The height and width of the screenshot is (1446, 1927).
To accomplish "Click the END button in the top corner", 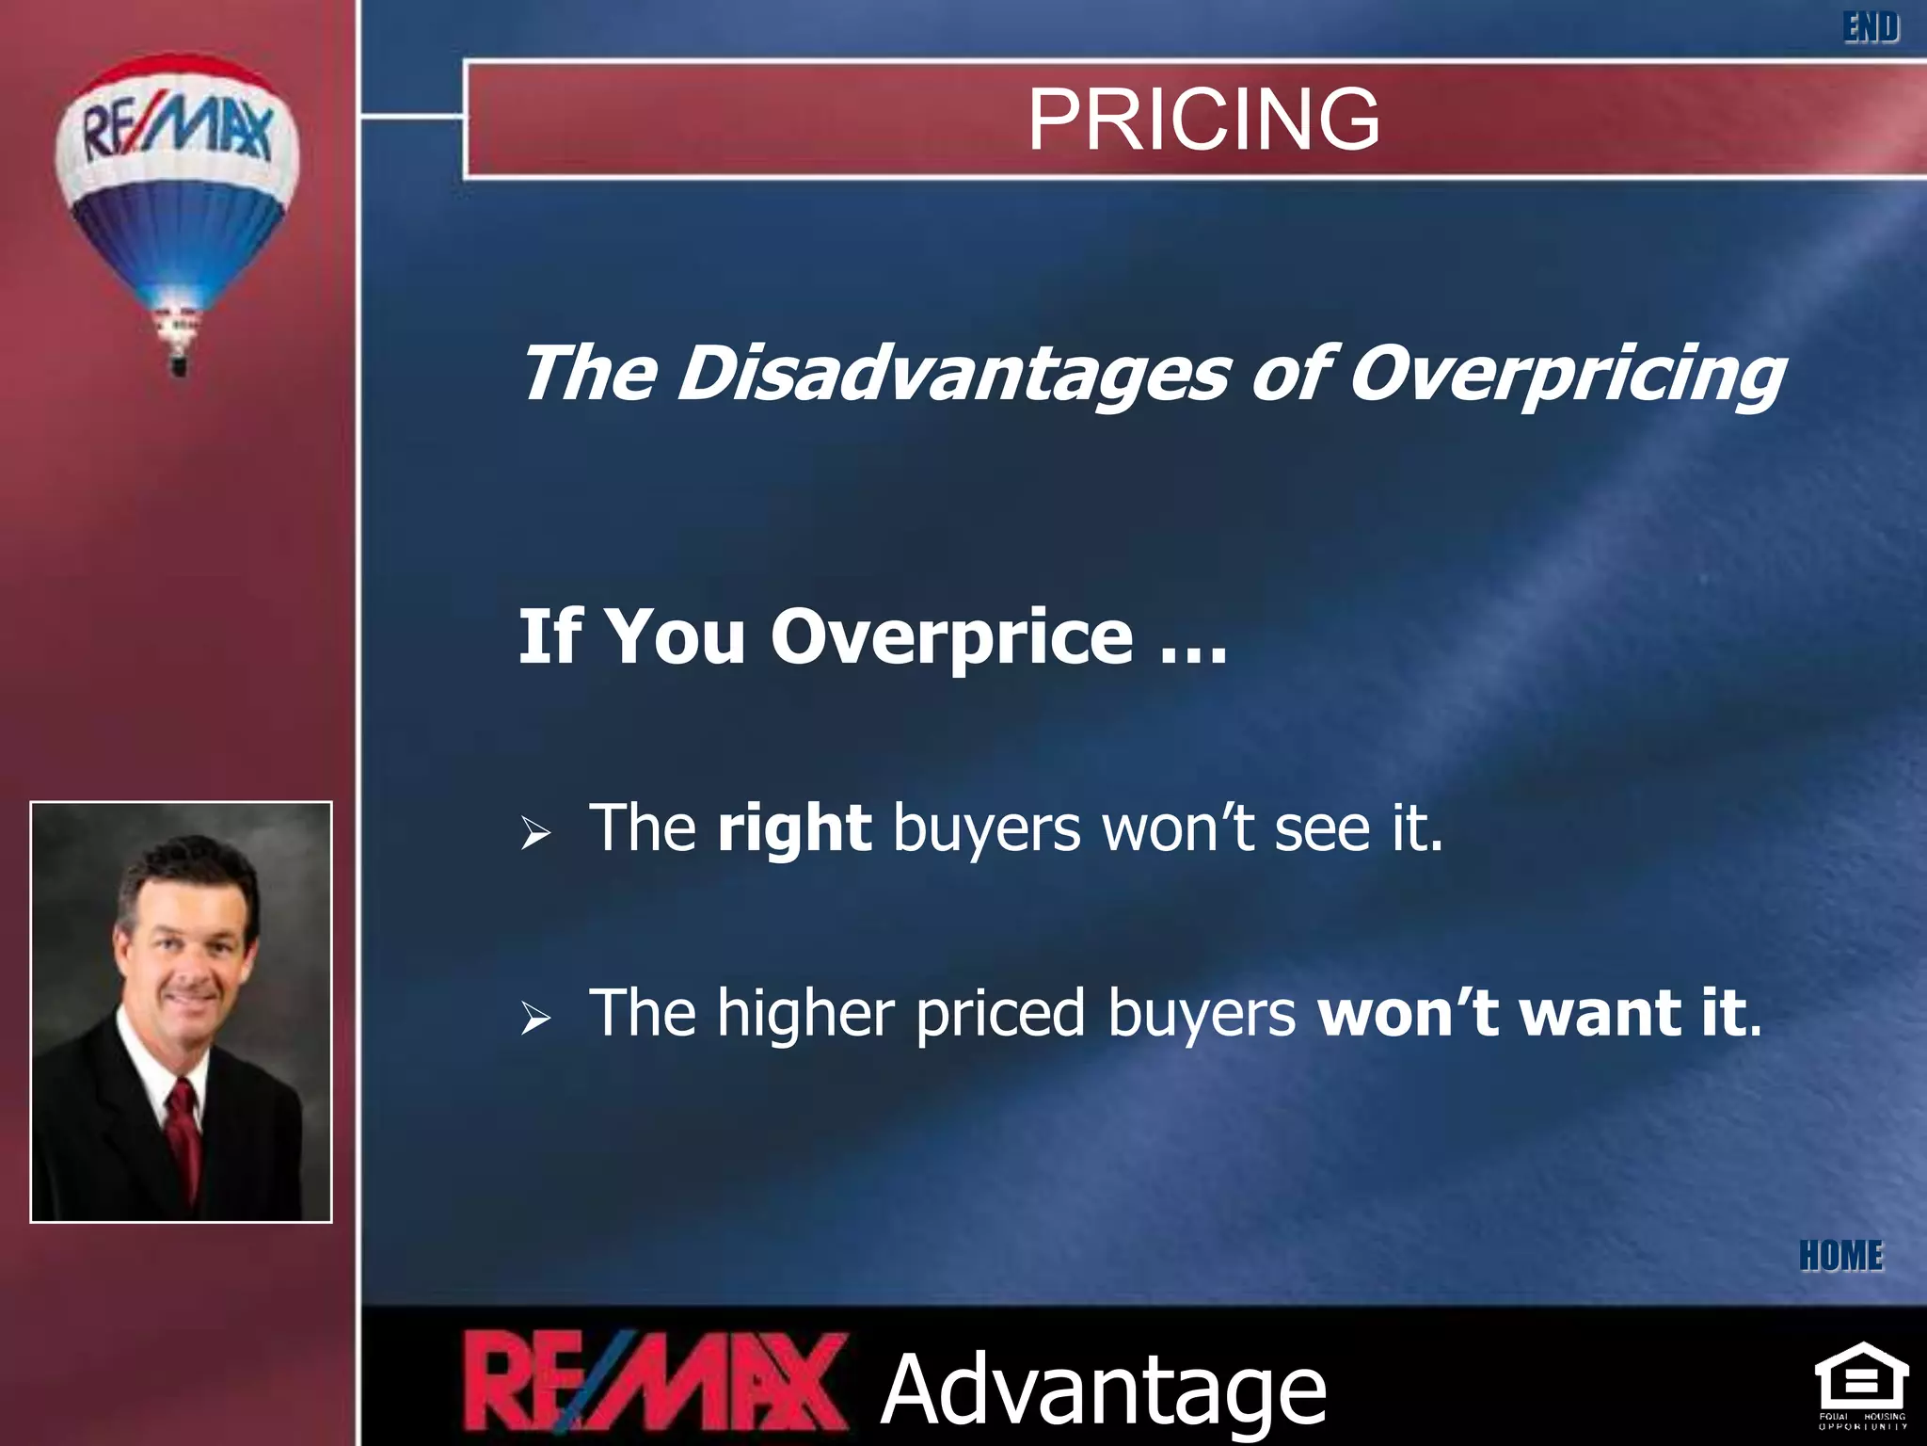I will [1871, 27].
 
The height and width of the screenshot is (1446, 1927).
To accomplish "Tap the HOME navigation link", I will [1841, 1256].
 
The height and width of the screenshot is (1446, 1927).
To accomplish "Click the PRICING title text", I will [1203, 119].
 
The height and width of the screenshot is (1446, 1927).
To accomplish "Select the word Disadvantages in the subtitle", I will [952, 374].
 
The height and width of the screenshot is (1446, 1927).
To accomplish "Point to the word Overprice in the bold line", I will [951, 637].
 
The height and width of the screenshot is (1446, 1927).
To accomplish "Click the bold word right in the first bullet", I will [794, 829].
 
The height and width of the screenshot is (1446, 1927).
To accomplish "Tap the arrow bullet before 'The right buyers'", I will [535, 832].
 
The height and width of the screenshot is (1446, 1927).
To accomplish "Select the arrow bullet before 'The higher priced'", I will [535, 1018].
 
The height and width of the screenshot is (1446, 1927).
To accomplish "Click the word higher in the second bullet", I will [805, 1014].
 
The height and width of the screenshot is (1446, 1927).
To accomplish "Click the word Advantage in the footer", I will [1104, 1389].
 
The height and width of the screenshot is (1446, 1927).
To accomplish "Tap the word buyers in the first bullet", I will [986, 829].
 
